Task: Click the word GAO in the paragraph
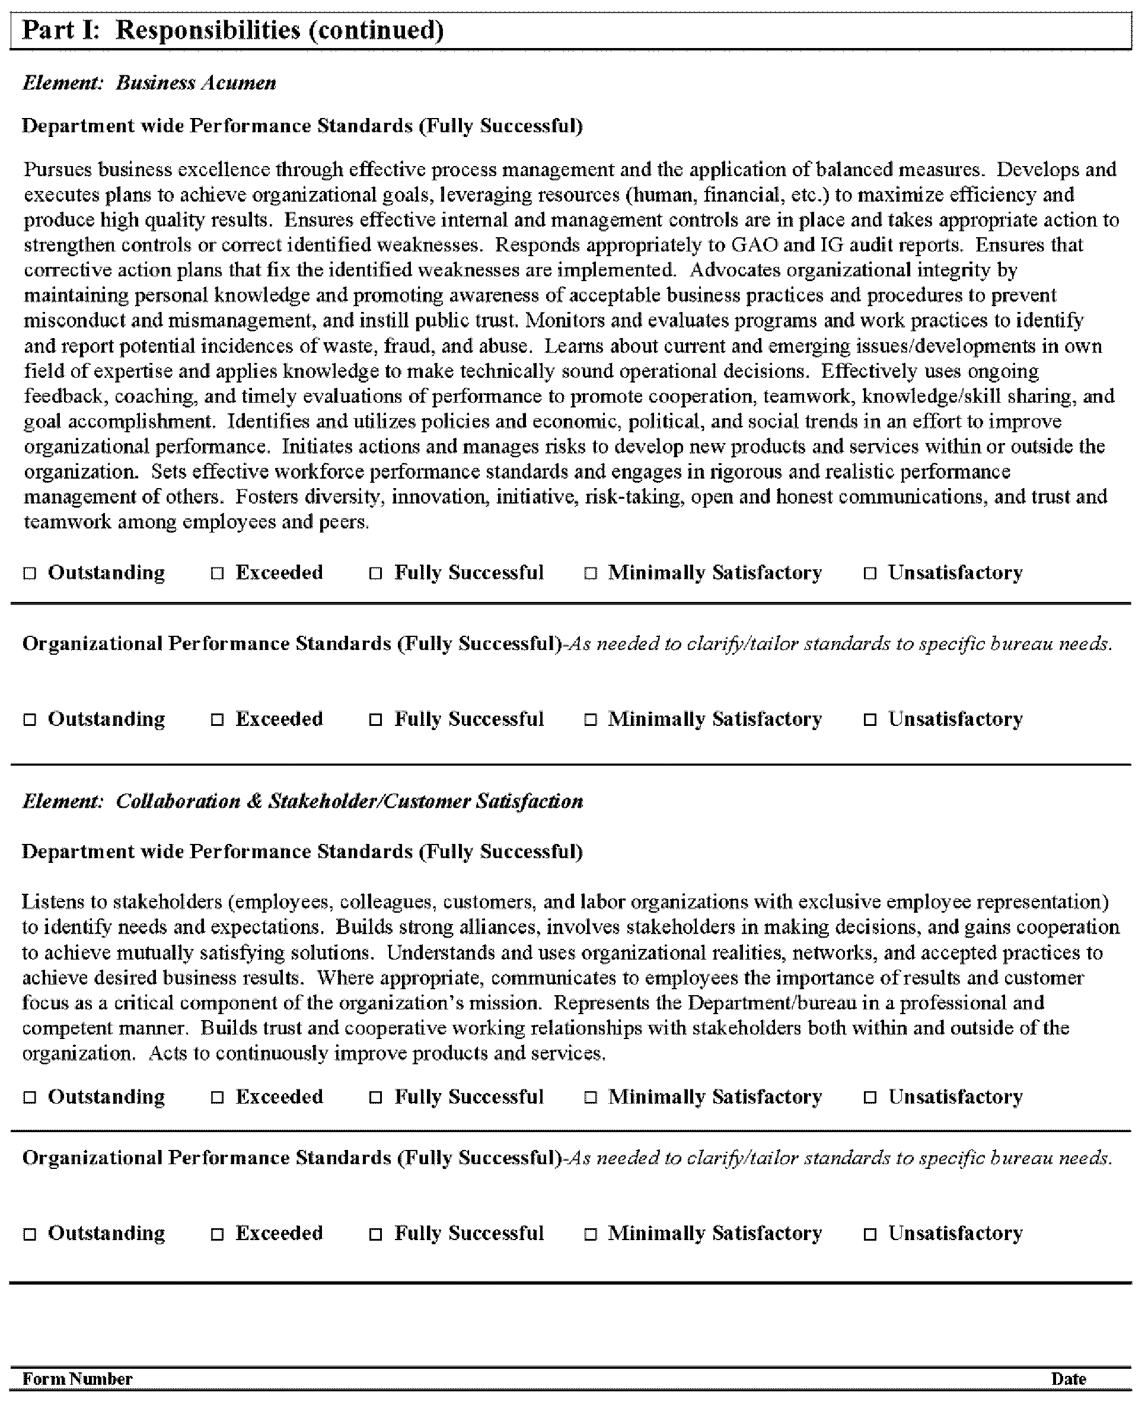coord(754,246)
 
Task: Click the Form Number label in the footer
coord(77,1379)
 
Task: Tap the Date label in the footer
coord(1069,1379)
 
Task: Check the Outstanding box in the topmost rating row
coord(30,574)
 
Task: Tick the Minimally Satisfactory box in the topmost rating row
coord(591,574)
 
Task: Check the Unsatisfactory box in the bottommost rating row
coord(870,1234)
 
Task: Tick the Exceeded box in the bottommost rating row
coord(217,1234)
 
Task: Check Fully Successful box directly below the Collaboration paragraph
coord(375,1097)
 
